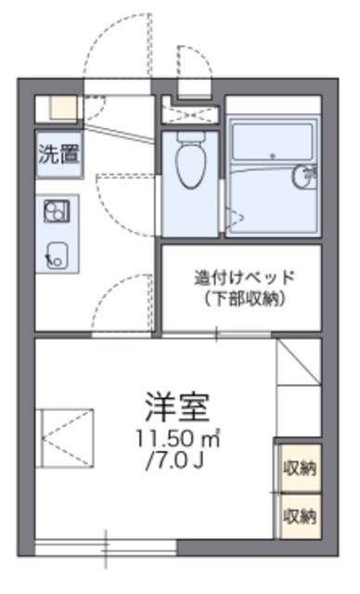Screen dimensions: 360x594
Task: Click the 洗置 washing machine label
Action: (59, 154)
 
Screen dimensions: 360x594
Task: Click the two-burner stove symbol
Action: (57, 211)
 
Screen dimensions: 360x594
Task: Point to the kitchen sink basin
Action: (57, 256)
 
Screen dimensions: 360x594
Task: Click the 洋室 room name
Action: (177, 407)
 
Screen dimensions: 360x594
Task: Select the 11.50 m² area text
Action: (178, 439)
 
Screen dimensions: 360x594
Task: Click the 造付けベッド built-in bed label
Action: (244, 278)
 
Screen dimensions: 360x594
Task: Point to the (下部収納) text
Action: (244, 299)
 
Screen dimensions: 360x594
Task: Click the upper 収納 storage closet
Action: (300, 468)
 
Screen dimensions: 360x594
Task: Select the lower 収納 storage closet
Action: (300, 516)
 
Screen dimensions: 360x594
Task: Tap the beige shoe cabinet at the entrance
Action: (63, 109)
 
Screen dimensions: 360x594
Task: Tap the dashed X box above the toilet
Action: (190, 114)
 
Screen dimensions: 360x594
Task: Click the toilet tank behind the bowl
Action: (191, 136)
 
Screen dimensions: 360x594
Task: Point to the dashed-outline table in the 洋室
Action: (65, 438)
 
